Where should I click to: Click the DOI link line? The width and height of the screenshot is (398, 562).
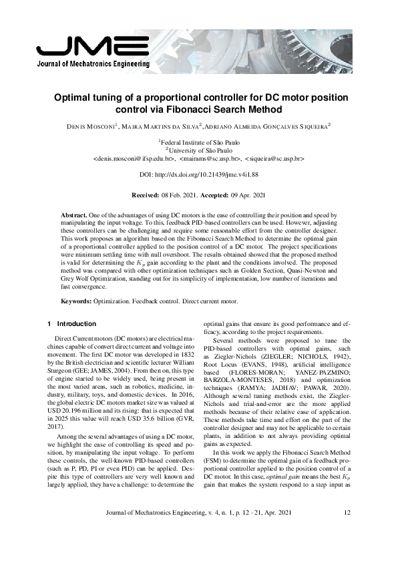198,176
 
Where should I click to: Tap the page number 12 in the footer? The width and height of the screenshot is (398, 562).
347,531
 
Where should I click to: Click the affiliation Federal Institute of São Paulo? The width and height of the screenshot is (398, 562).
200,142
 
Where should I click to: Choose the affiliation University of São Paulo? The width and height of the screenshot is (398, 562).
200,151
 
